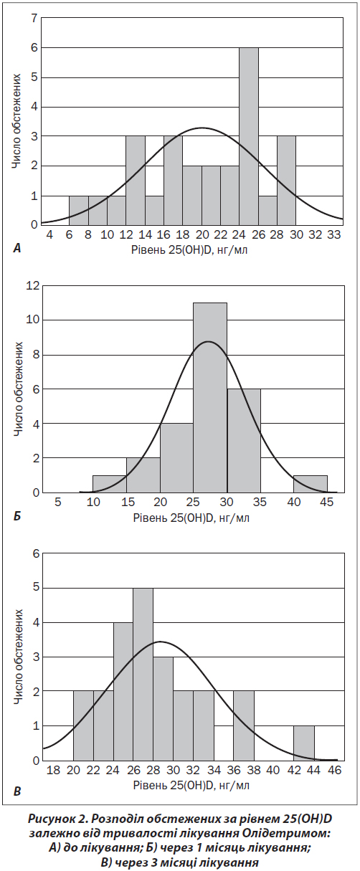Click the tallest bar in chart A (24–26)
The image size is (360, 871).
[x=249, y=136]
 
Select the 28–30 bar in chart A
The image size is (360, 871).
[x=286, y=181]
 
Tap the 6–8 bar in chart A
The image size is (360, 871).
[x=79, y=210]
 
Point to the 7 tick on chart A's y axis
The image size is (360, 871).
[x=34, y=18]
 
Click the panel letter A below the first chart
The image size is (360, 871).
[x=16, y=248]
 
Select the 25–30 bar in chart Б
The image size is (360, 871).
[x=210, y=398]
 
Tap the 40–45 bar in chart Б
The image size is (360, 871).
[x=311, y=484]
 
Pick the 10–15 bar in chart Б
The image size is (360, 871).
[x=110, y=484]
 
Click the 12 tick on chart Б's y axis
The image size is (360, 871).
[x=33, y=286]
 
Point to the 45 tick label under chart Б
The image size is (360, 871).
[x=327, y=502]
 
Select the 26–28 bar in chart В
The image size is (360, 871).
[x=143, y=675]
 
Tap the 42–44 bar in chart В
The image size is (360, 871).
[x=304, y=743]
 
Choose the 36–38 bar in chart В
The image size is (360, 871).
[x=244, y=725]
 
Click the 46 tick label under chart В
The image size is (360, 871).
[x=334, y=770]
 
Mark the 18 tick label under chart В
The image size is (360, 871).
[x=53, y=770]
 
